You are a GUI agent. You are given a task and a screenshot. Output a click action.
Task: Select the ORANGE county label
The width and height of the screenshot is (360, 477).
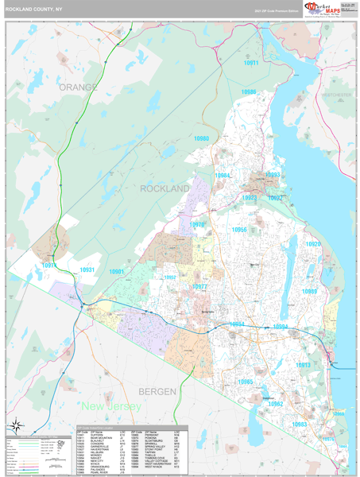coord(77,87)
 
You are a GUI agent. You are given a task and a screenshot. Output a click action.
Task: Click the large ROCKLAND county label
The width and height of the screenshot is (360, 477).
coord(165,189)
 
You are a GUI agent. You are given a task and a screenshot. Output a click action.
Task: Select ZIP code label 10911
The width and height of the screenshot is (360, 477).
coord(251,62)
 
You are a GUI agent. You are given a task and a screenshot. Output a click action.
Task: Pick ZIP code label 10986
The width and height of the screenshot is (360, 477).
coord(249,92)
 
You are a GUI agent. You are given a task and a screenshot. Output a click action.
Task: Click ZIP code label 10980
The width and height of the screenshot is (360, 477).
coord(202,138)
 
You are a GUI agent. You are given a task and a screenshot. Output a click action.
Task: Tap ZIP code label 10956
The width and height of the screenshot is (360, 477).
coord(239,230)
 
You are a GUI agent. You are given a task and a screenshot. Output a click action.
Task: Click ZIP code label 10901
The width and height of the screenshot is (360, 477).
coord(117,272)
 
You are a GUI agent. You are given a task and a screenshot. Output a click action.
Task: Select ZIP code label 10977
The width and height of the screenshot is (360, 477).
coord(199,286)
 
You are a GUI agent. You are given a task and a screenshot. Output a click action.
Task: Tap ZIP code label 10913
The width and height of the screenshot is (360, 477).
coord(303,365)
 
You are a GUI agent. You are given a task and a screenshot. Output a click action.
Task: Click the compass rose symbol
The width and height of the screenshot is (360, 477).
coord(15,425)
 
